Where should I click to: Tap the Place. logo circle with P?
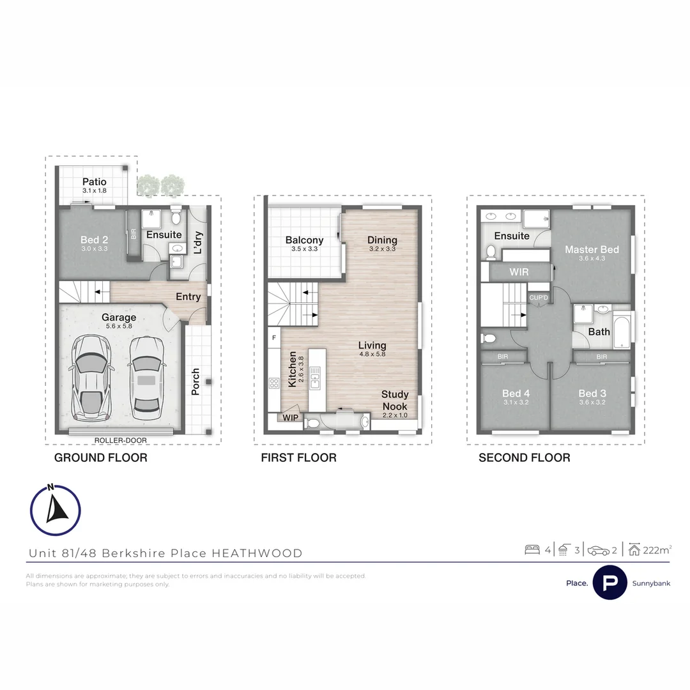tap(609, 583)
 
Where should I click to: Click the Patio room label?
tap(94, 183)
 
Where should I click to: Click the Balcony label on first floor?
tap(304, 241)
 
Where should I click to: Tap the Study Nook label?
tap(394, 400)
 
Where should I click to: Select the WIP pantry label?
tap(291, 418)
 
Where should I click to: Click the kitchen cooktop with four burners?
tap(274, 383)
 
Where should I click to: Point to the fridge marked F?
tap(274, 337)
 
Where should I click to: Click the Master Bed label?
tap(592, 250)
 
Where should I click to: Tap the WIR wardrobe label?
tap(519, 272)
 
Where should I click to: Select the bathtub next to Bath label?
tap(622, 330)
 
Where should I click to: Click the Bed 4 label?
tap(516, 394)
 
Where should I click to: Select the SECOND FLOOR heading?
tap(524, 457)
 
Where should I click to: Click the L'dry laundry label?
tap(198, 243)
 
